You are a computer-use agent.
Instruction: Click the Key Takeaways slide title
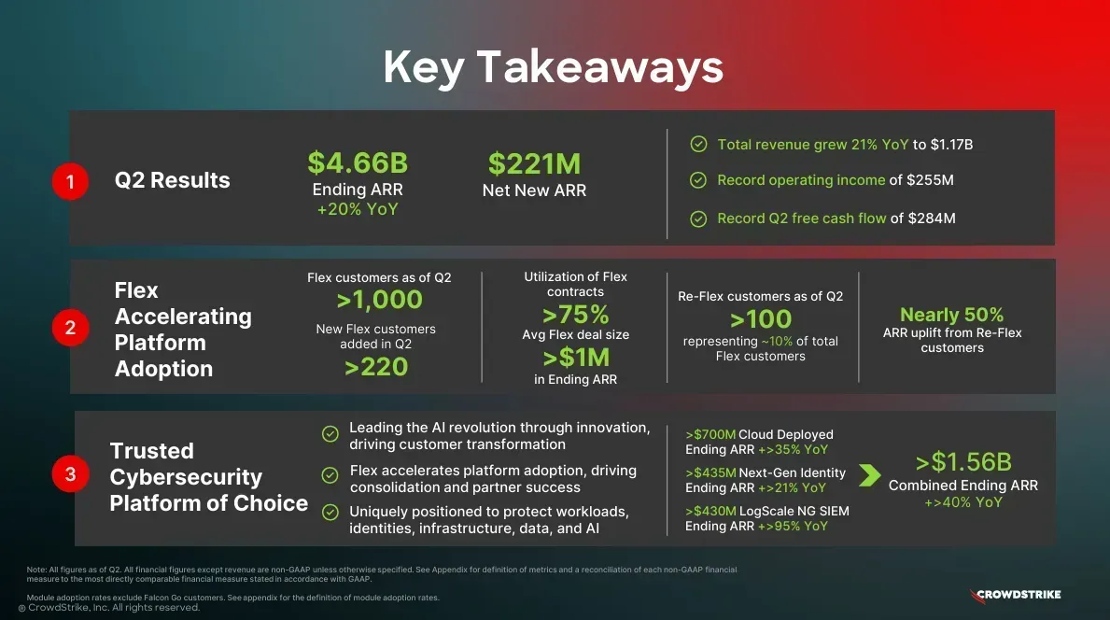[553, 68]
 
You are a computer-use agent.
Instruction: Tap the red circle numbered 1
[70, 181]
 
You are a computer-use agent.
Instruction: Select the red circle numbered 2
[70, 328]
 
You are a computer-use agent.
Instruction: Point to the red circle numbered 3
[70, 473]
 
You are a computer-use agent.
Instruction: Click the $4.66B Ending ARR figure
[358, 162]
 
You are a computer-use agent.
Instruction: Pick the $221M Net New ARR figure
[535, 163]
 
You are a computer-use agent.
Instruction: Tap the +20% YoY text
[358, 209]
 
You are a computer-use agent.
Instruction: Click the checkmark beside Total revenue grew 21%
[698, 145]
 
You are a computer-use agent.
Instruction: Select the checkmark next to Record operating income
[698, 180]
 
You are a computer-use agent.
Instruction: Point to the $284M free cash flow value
[932, 218]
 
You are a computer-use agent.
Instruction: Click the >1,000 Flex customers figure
[379, 300]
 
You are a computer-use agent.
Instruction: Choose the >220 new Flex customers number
[376, 367]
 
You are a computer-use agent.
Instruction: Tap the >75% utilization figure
[575, 315]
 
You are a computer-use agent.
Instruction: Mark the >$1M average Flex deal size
[575, 359]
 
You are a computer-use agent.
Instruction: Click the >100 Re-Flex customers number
[760, 319]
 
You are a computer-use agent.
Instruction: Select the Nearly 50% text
[952, 315]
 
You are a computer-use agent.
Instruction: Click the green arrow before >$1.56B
[870, 475]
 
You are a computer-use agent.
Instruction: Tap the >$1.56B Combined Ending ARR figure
[963, 462]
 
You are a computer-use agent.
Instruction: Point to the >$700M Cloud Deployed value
[710, 434]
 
